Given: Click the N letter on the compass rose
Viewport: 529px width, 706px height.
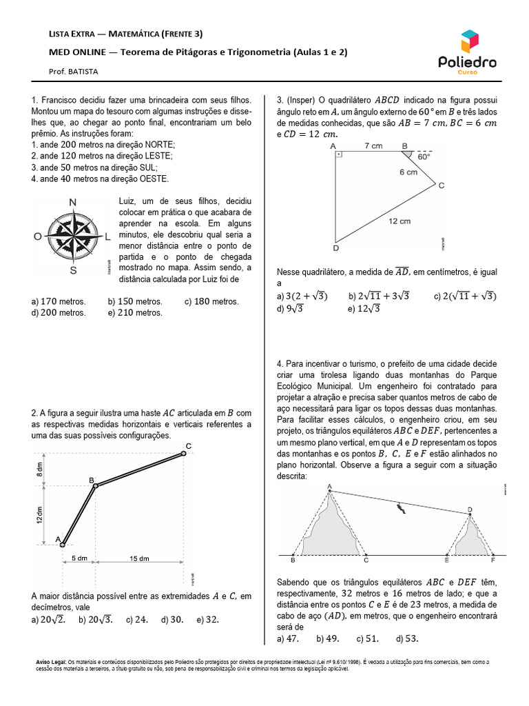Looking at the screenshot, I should [x=72, y=202].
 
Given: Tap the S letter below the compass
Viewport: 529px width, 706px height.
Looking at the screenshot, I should [x=73, y=270].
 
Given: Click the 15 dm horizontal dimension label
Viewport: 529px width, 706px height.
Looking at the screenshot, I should [x=139, y=558].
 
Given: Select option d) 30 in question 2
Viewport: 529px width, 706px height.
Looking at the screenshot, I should [x=172, y=620].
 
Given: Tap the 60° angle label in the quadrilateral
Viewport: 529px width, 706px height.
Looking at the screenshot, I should [x=423, y=157].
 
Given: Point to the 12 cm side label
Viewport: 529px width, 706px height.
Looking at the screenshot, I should [x=399, y=221].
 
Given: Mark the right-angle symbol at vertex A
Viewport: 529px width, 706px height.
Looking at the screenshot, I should [x=339, y=155].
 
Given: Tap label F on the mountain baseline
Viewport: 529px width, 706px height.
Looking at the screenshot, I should [x=492, y=561].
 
